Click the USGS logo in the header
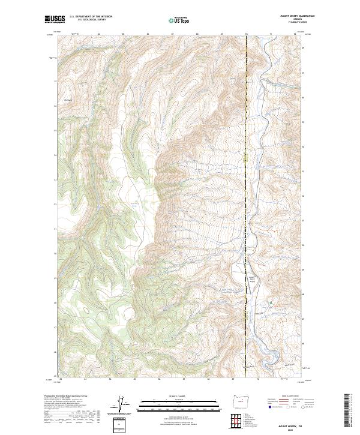tap(55, 20)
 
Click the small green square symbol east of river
tap(271, 304)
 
